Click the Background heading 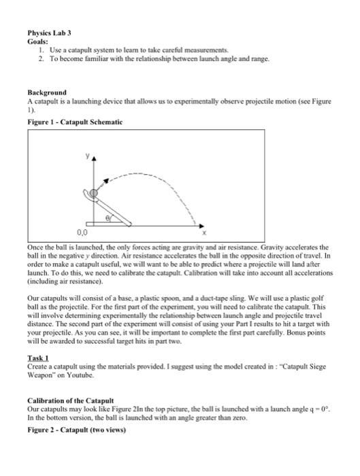coord(47,92)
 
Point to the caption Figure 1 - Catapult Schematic coord(75,121)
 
